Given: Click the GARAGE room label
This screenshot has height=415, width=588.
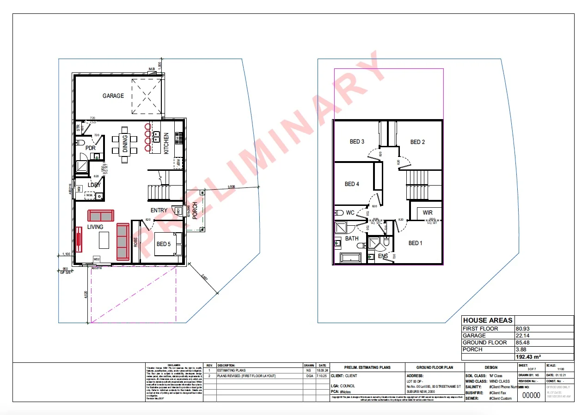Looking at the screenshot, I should click(113, 96).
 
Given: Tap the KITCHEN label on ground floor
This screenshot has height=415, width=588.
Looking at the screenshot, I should click(166, 143).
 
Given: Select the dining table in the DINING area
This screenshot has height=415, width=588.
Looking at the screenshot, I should click(125, 144).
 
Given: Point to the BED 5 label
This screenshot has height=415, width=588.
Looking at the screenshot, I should click(164, 244).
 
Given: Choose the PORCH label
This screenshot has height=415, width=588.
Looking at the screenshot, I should click(195, 211).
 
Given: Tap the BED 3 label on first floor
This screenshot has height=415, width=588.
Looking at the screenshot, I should click(357, 142).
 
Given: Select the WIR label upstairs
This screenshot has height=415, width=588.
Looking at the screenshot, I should click(428, 213).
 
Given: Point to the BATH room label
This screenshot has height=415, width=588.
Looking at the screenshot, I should click(352, 239).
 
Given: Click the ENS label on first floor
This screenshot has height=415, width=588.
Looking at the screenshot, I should click(383, 256).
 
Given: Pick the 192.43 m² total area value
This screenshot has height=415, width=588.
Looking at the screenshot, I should click(528, 357).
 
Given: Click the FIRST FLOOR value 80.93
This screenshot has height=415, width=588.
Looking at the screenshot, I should click(523, 329).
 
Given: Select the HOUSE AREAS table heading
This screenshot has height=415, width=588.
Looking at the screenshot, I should click(488, 320).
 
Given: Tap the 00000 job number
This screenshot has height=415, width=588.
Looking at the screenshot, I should click(531, 395).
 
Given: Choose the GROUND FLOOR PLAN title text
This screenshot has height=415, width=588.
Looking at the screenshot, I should click(434, 368).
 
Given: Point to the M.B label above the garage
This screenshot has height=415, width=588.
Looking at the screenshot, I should click(151, 69).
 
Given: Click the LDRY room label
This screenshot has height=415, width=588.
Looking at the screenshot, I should click(94, 185).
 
